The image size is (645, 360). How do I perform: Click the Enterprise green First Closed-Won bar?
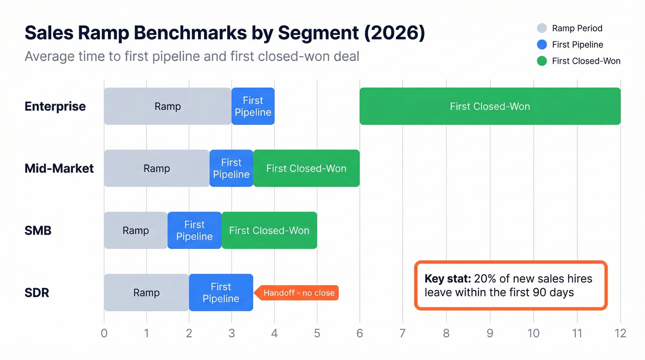490,106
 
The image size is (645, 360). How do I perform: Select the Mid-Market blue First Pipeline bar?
231,168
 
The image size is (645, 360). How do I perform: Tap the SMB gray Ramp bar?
135,230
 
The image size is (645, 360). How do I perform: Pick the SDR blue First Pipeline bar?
221,293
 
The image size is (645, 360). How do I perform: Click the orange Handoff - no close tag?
299,293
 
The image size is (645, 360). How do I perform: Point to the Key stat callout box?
510,285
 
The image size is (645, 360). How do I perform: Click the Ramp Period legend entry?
577,28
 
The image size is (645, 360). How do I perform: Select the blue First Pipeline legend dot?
542,45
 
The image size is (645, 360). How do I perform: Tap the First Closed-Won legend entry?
586,61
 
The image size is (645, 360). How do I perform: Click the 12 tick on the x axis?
620,333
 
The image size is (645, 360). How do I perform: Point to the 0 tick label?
104,333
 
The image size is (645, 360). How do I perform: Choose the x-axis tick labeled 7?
403,333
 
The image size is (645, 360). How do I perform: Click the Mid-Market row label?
59,168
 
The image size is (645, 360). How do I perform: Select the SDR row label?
37,293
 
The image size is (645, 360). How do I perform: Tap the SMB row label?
38,230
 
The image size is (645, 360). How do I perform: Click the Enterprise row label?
55,106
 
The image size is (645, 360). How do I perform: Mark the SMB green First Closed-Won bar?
269,230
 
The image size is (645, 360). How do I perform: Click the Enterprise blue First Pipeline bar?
253,106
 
